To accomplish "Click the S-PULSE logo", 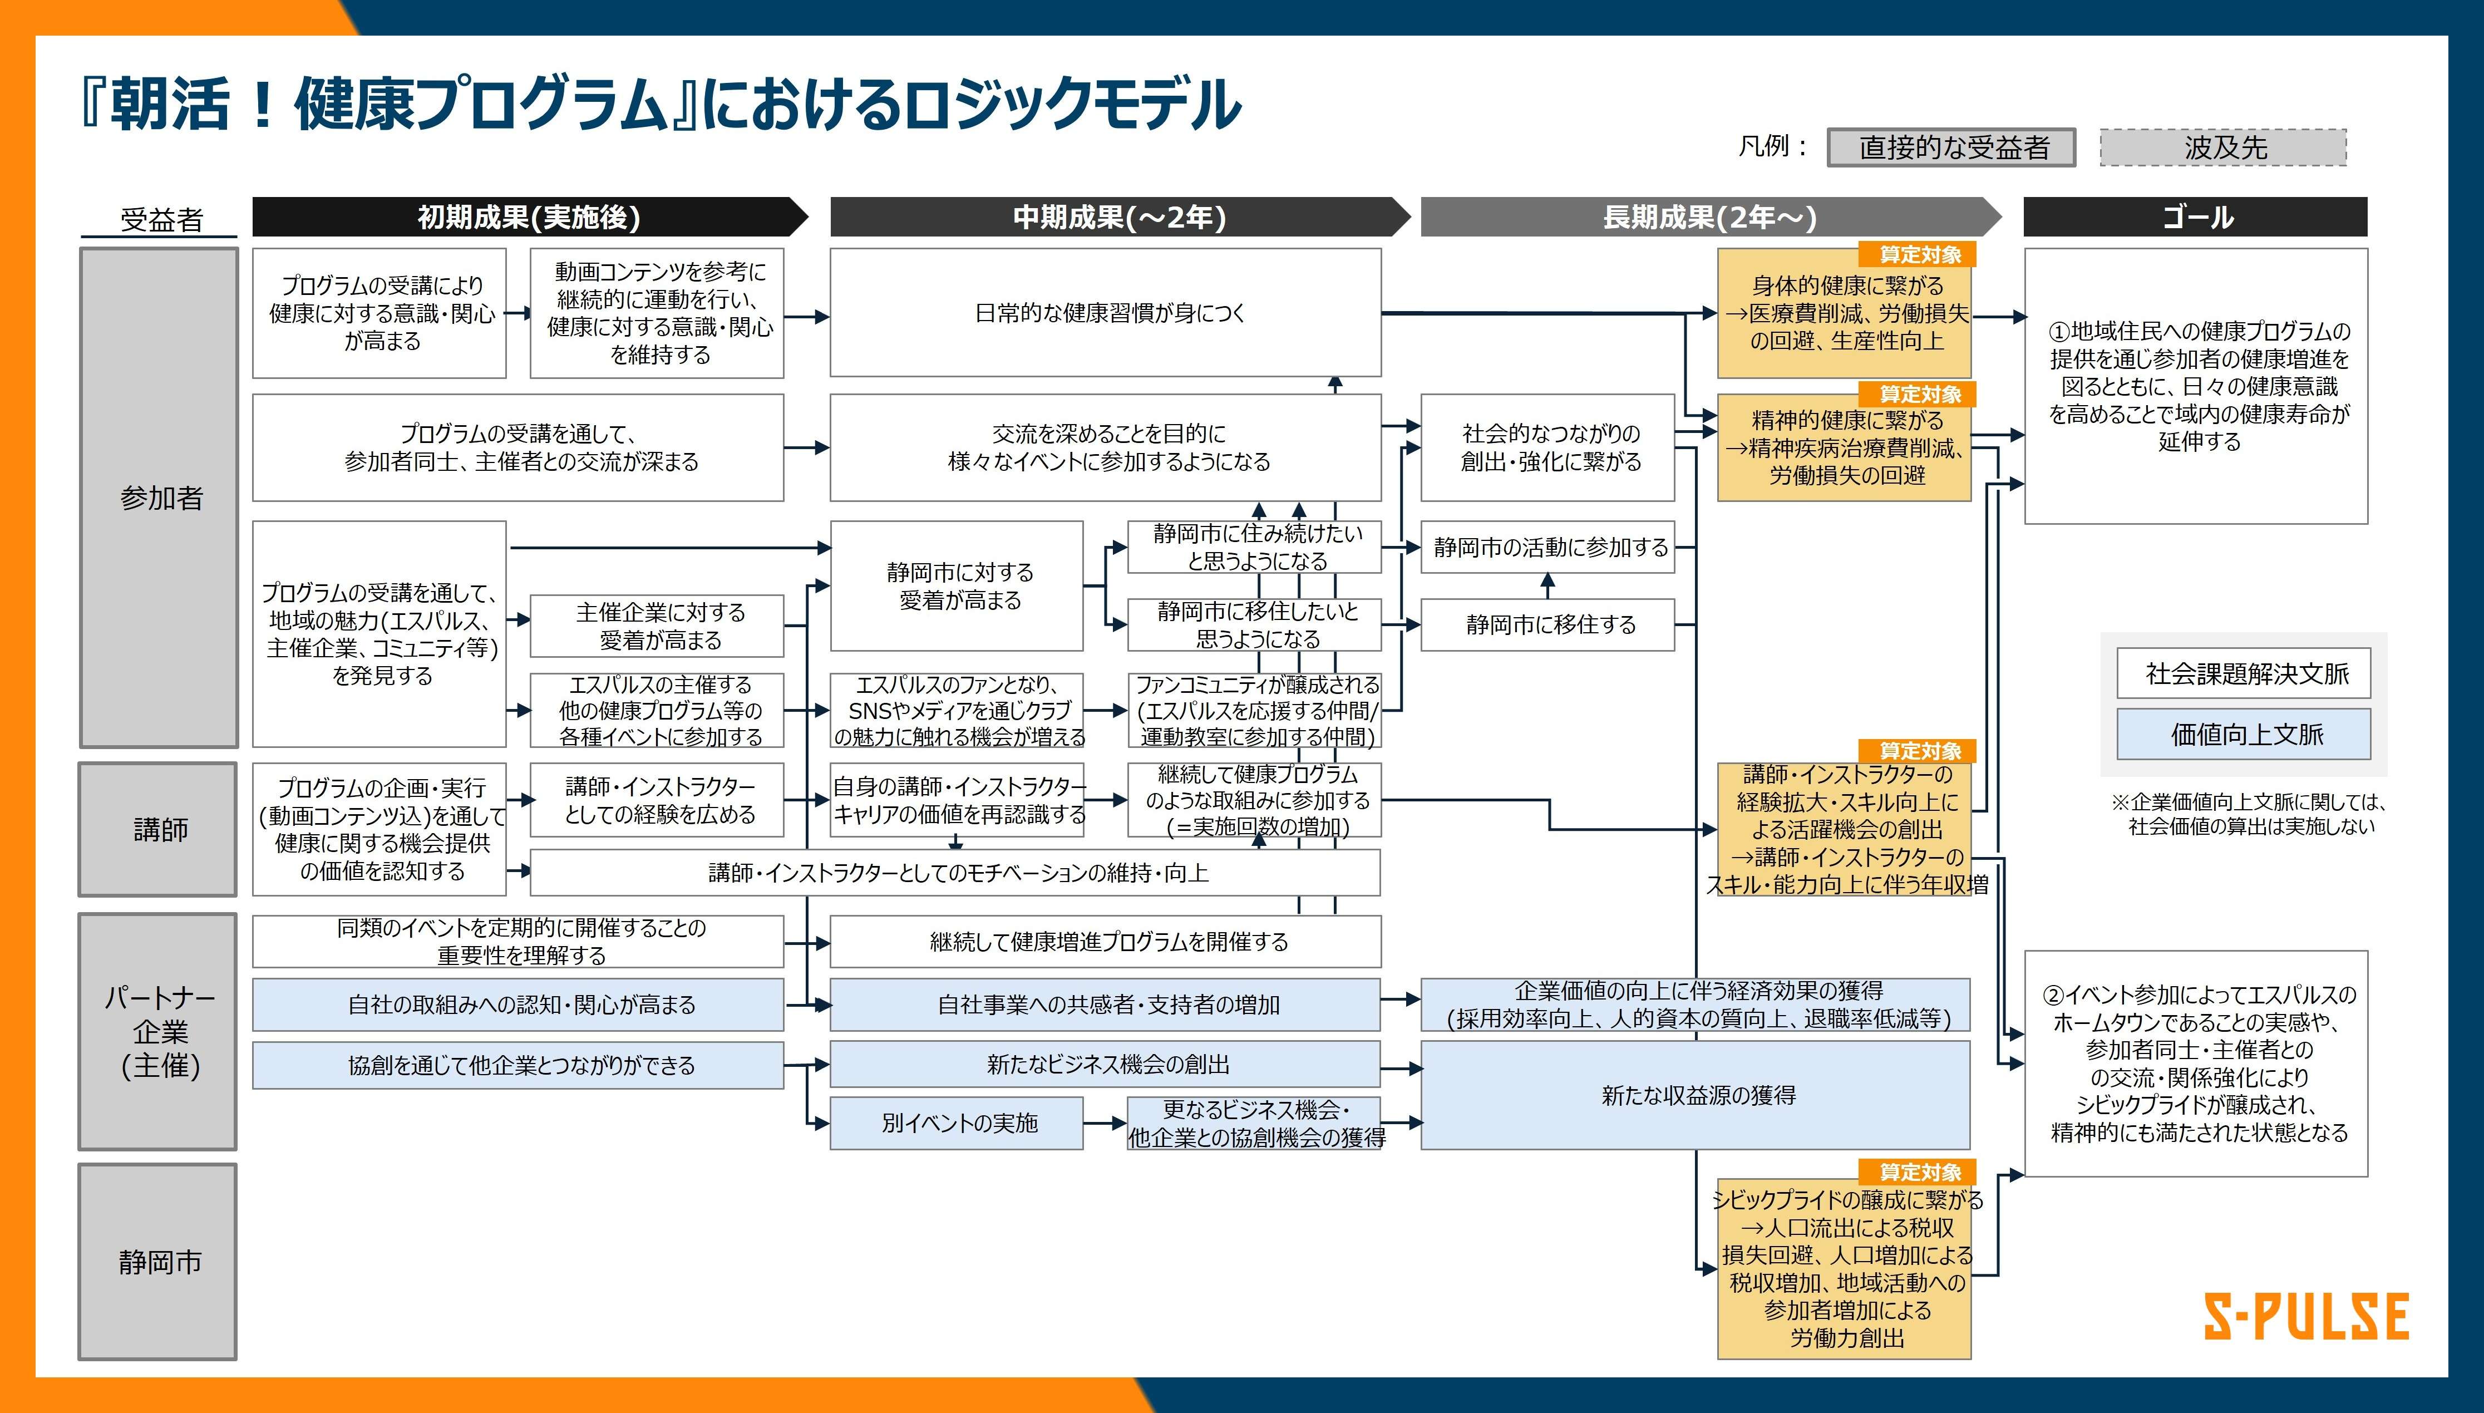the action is click(2305, 1317).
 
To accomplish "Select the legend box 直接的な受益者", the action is click(1951, 147).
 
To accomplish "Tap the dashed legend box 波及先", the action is click(2223, 147).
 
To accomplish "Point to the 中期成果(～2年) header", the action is click(1120, 216).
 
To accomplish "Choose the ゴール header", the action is click(2196, 216).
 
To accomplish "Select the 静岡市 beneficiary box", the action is click(158, 1262).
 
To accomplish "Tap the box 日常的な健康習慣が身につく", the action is click(1105, 313).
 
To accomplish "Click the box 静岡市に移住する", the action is click(1547, 624).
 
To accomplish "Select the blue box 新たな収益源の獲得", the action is click(1695, 1095).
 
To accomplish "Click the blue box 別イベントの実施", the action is click(957, 1123).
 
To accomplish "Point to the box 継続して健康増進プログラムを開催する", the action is click(1105, 942).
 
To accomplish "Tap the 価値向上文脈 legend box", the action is click(2244, 733).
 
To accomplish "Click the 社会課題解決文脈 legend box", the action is click(2244, 672).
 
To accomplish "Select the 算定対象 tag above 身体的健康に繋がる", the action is click(1918, 254).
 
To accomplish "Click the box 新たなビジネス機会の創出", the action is click(1105, 1065).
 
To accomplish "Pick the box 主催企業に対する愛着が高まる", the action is click(657, 626).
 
